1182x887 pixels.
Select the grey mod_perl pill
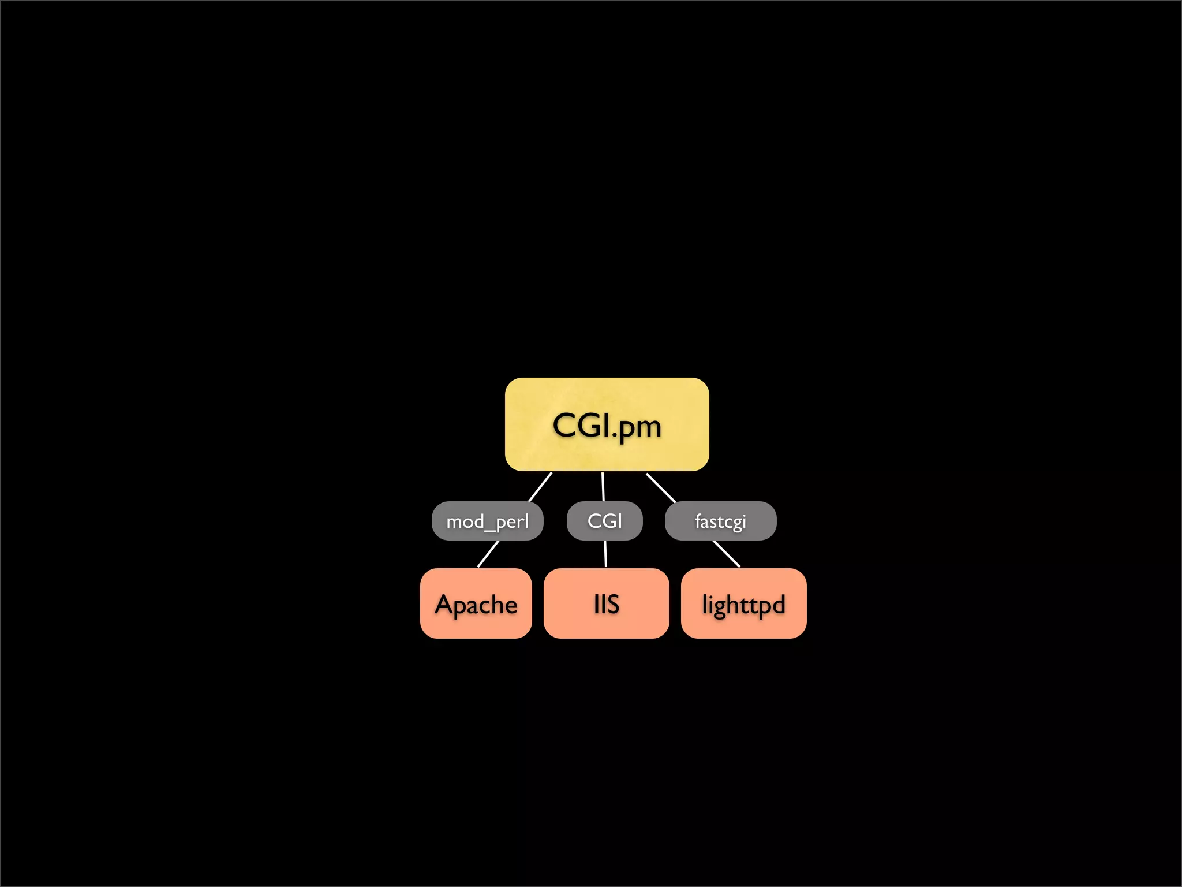(487, 521)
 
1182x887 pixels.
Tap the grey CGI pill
(604, 521)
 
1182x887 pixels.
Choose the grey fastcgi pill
(720, 521)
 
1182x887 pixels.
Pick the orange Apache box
(476, 603)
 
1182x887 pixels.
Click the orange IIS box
(606, 603)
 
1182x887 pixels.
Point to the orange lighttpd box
(743, 603)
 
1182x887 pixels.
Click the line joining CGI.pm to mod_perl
(540, 487)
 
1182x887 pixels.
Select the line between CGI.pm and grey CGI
(603, 487)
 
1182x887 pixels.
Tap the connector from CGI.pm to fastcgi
(661, 488)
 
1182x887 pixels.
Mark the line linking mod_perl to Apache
(488, 554)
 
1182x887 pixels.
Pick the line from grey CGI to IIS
(605, 554)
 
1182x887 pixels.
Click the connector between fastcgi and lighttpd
(726, 554)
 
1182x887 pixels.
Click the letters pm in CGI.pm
(640, 428)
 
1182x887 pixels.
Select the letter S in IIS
(612, 605)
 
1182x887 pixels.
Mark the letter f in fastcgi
(698, 521)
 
